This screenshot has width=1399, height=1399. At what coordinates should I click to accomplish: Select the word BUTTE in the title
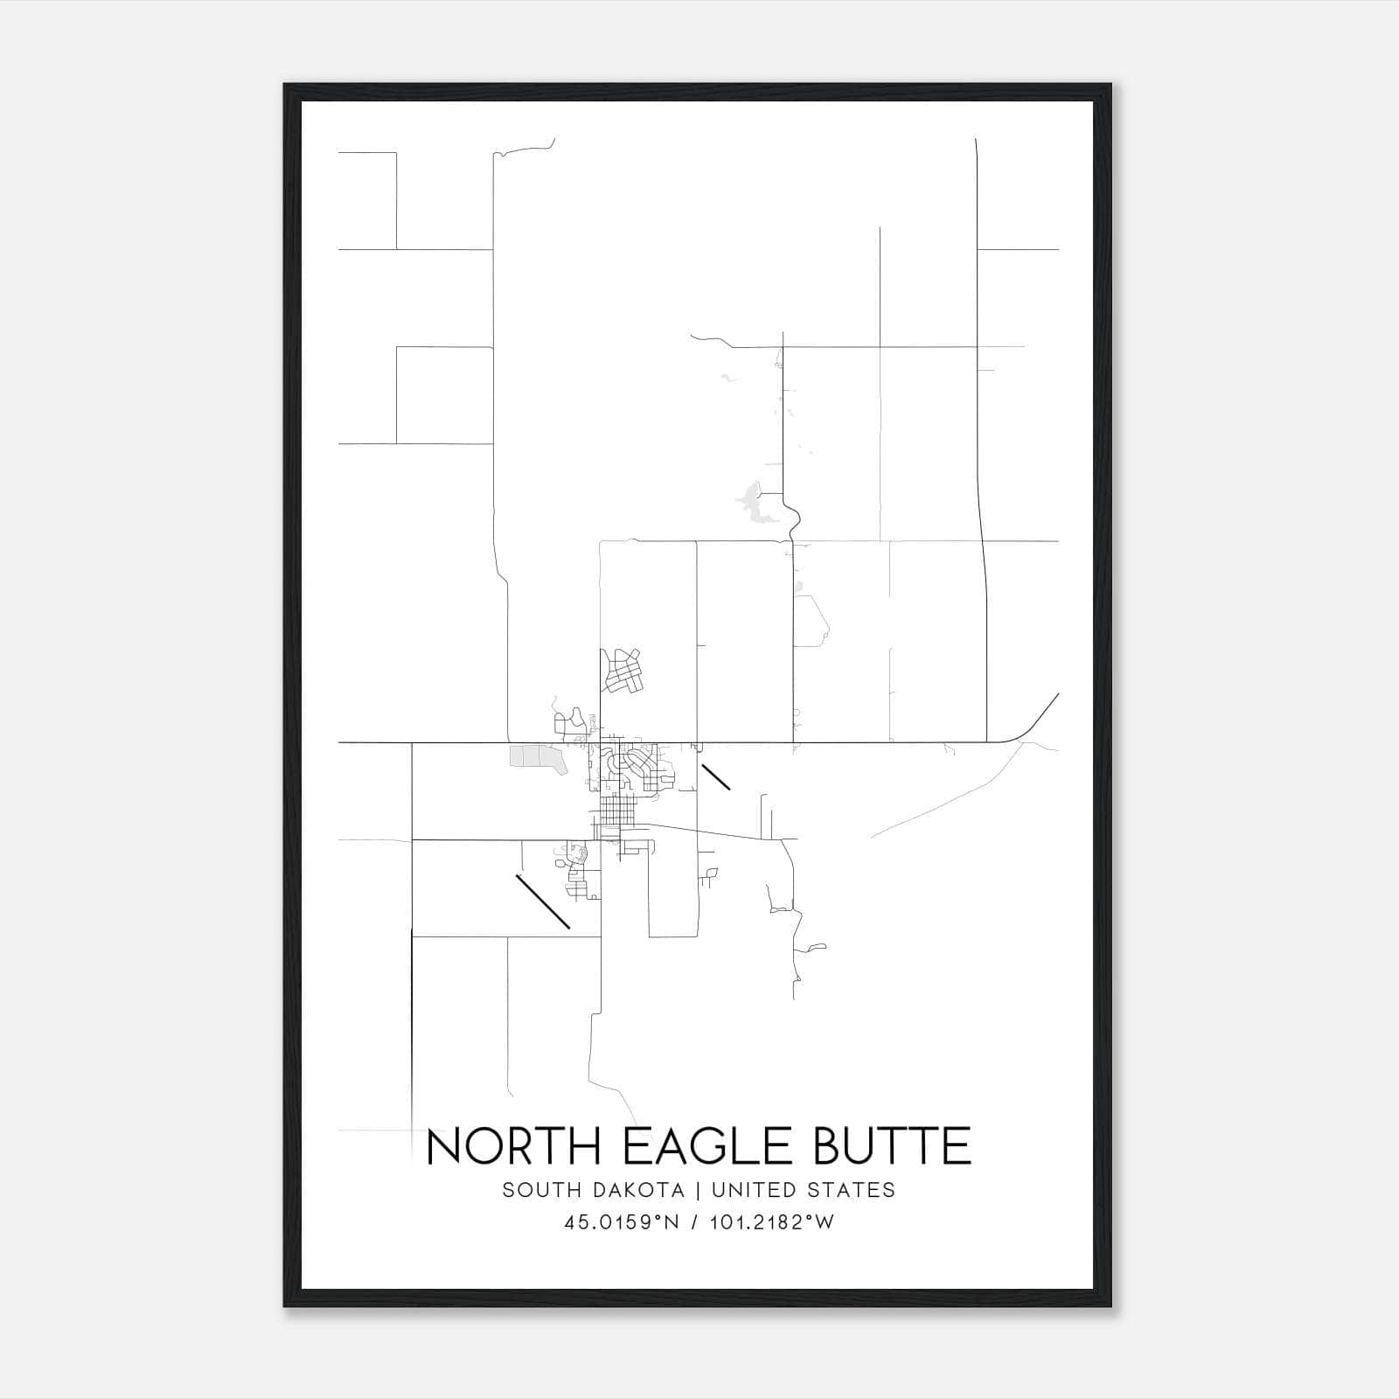tap(892, 1146)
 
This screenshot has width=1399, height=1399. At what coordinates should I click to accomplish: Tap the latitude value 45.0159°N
tap(622, 1222)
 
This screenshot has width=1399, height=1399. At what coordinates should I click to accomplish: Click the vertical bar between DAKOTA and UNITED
tap(697, 1190)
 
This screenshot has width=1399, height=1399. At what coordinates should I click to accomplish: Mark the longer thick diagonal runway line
tap(543, 901)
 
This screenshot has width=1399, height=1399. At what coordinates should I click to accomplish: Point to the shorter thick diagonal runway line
tap(716, 776)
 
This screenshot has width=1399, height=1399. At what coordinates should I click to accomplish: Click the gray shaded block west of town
tap(535, 757)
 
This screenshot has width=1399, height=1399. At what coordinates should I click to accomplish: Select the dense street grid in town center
tap(616, 809)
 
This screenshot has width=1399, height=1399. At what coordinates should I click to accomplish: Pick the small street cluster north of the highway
tap(623, 672)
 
